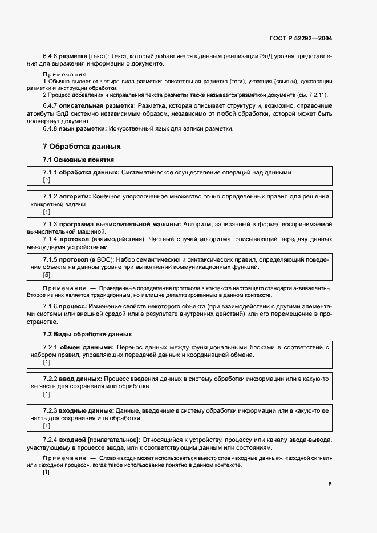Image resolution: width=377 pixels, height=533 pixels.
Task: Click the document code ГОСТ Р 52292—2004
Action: pyautogui.click(x=301, y=39)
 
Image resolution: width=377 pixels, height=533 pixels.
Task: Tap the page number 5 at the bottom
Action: pyautogui.click(x=330, y=485)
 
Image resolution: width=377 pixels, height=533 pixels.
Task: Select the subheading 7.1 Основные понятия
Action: pyautogui.click(x=79, y=160)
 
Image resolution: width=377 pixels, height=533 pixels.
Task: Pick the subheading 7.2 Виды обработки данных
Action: pyautogui.click(x=87, y=333)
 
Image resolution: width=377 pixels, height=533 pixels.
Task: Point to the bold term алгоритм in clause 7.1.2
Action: pyautogui.click(x=75, y=196)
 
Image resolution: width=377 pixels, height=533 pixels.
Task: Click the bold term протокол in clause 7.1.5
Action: pyautogui.click(x=76, y=259)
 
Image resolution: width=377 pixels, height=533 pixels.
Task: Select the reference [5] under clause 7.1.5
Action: pyautogui.click(x=47, y=275)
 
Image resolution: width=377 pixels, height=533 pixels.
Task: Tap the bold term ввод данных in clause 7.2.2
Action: pyautogui.click(x=80, y=379)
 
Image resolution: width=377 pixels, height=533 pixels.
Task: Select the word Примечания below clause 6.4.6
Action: pyautogui.click(x=64, y=75)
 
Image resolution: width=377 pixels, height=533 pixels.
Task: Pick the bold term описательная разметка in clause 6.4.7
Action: pyautogui.click(x=96, y=106)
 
